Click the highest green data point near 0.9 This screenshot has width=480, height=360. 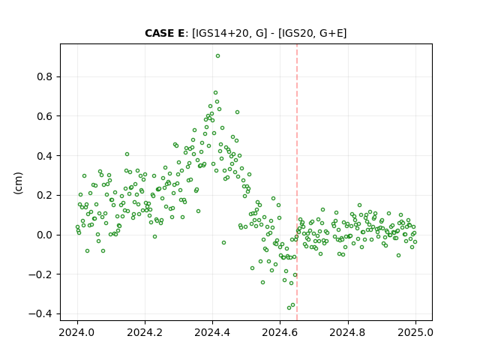217,56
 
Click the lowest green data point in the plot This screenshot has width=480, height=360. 289,307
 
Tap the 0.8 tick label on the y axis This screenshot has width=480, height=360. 45,76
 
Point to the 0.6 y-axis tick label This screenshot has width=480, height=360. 45,116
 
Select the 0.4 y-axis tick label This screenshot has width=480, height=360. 45,156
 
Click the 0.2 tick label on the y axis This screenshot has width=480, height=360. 45,195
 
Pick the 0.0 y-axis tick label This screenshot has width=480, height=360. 45,235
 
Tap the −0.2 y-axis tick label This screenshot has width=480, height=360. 40,274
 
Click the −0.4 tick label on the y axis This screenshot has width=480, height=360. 40,314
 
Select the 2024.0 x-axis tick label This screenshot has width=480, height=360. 77,332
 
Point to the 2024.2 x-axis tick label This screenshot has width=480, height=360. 145,332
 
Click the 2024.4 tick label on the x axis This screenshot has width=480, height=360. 212,332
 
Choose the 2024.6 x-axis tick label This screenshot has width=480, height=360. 280,332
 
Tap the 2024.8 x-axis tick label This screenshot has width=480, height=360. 347,332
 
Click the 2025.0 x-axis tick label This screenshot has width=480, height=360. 415,332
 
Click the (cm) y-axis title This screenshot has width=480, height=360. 18,183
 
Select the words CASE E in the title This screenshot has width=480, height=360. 164,33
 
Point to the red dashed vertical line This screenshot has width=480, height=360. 297,182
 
